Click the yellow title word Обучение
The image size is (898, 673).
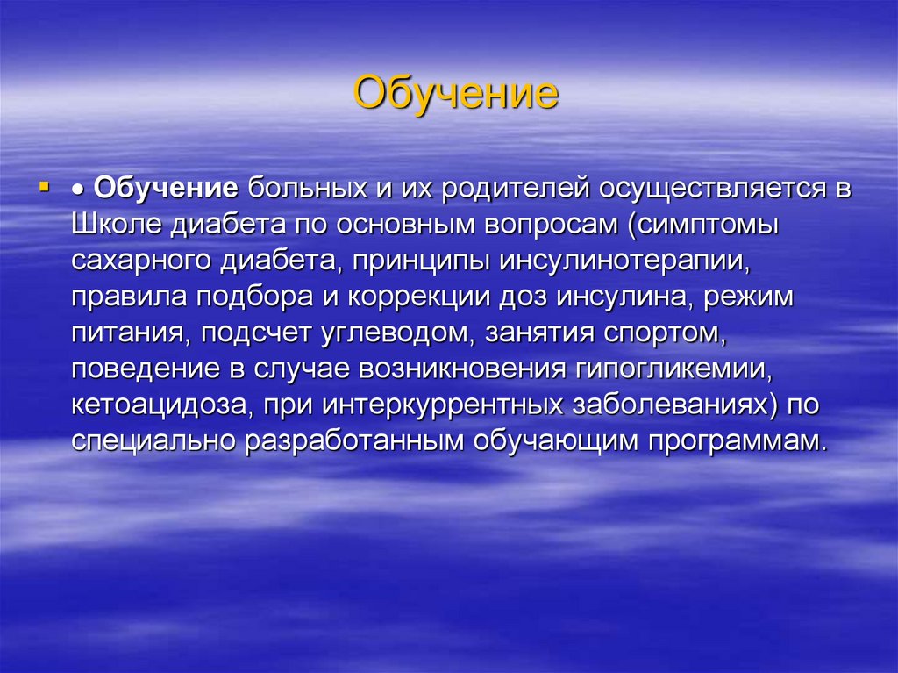point(455,93)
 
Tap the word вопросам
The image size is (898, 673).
point(545,225)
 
